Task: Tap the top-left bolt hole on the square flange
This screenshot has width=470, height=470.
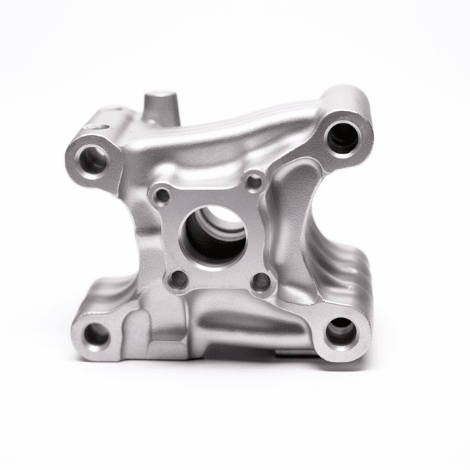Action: tap(161, 195)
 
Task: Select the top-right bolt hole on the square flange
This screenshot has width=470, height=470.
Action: tap(253, 181)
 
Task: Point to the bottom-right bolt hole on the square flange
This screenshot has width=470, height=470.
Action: tap(261, 282)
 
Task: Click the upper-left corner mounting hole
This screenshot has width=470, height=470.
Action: tap(93, 159)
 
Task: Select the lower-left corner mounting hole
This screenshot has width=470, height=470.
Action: tap(96, 336)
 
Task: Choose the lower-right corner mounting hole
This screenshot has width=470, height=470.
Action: tap(341, 333)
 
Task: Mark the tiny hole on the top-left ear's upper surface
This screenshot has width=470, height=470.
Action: tap(95, 127)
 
